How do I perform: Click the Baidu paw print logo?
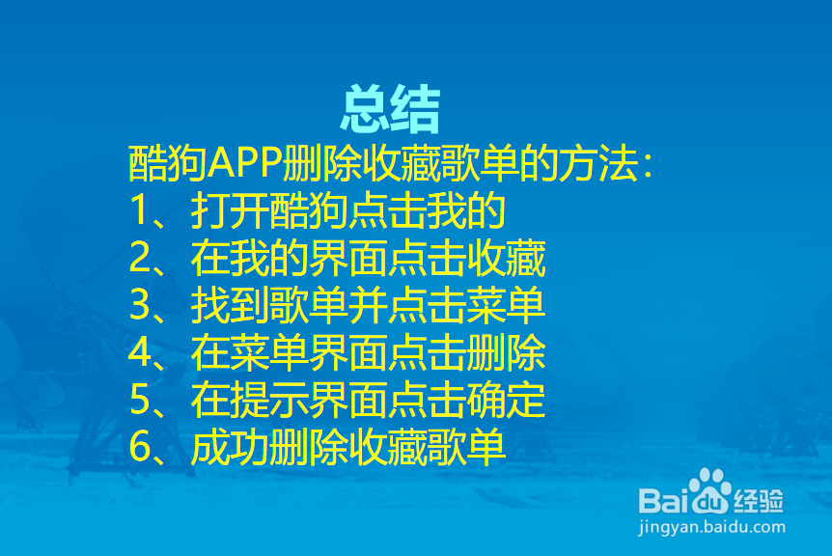[711, 490]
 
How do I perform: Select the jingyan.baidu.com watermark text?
[710, 528]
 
